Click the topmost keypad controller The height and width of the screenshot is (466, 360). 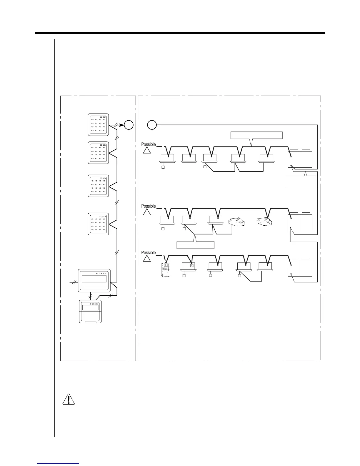[99, 125]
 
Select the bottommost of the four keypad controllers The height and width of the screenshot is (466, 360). [99, 224]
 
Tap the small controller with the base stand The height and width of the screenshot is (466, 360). [90, 312]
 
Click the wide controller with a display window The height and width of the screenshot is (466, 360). [94, 280]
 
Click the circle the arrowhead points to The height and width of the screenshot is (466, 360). [129, 125]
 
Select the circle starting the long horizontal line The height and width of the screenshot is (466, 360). [152, 125]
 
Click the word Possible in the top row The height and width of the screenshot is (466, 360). [149, 144]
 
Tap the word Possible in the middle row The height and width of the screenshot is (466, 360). [149, 206]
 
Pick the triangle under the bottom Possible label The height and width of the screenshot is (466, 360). [147, 259]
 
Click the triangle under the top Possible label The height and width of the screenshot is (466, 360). [147, 150]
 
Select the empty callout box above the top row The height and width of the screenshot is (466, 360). [256, 135]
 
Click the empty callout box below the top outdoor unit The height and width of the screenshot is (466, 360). [301, 182]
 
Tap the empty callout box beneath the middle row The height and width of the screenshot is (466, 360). [195, 245]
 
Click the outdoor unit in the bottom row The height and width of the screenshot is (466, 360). [300, 268]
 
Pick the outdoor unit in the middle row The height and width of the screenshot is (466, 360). [300, 222]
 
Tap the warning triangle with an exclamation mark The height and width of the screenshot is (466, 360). [69, 399]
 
